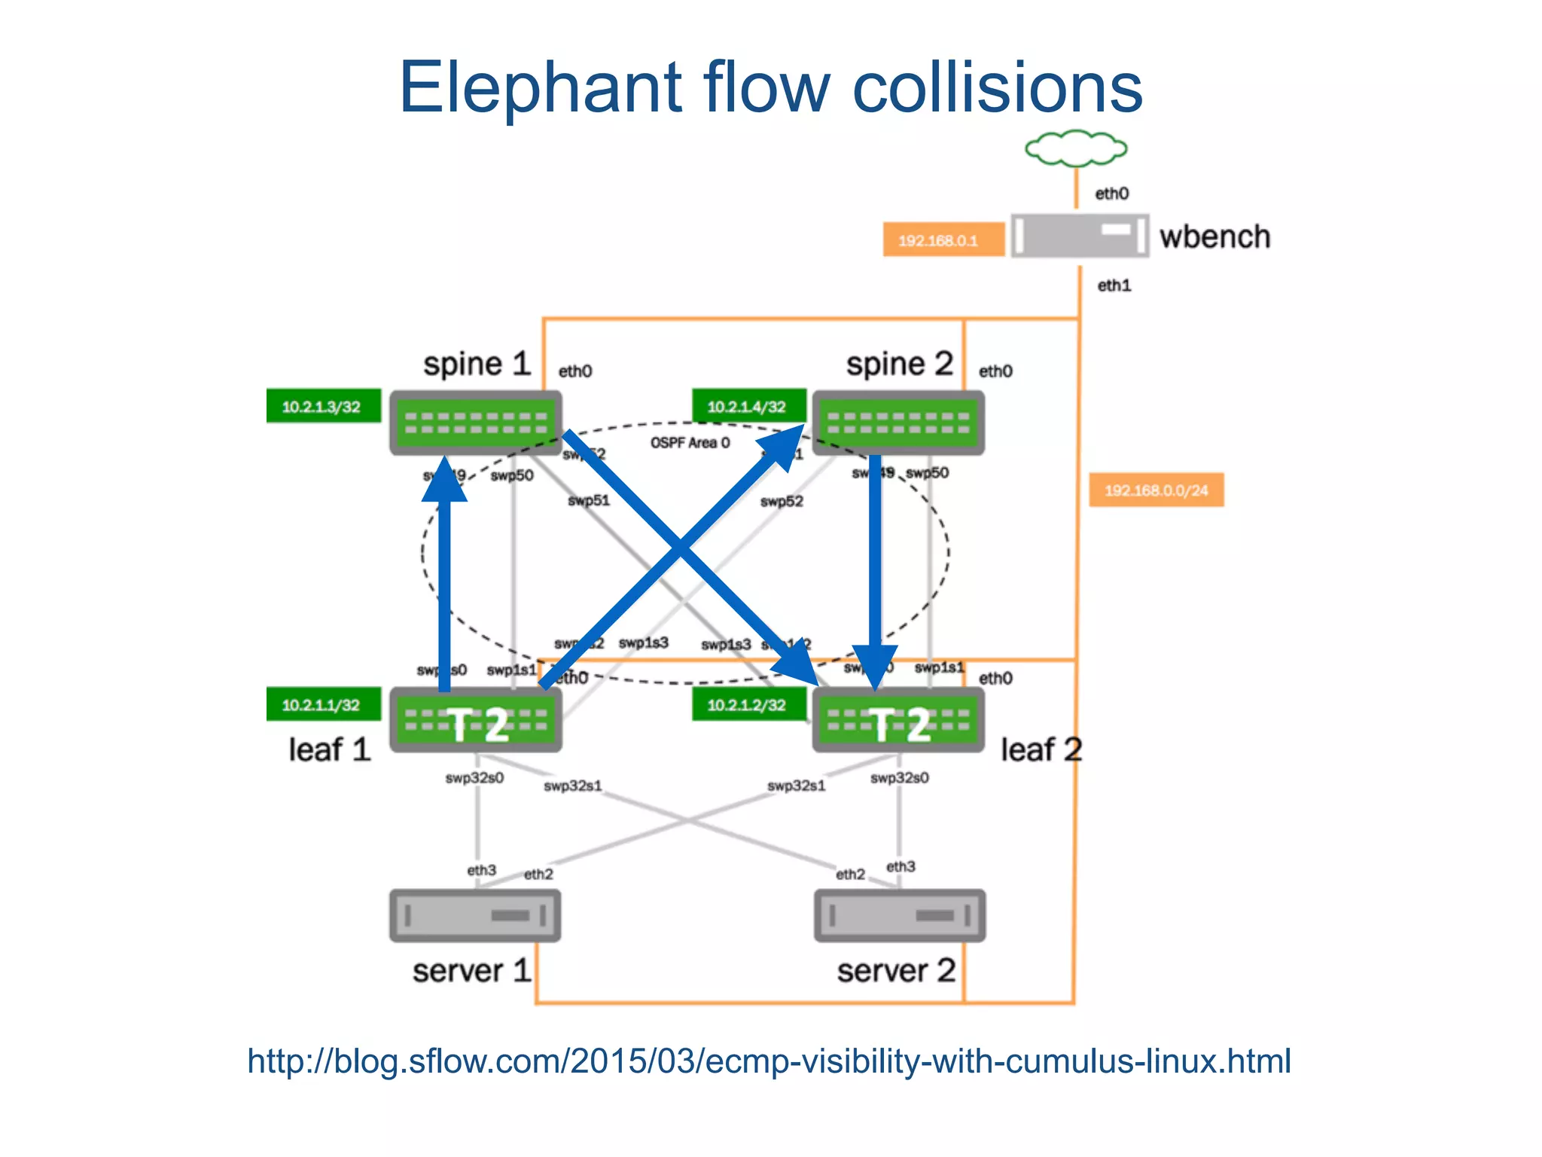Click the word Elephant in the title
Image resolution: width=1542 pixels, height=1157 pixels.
coord(540,88)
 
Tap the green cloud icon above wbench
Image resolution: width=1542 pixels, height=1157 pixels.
coord(1076,148)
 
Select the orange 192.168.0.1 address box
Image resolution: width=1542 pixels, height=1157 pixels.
coord(943,240)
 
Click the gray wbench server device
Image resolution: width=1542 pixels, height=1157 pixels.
coord(1079,236)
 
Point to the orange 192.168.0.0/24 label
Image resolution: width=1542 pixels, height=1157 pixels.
coord(1156,490)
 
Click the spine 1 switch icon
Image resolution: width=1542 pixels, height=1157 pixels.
coord(475,422)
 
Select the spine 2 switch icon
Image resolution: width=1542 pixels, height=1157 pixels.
coord(898,422)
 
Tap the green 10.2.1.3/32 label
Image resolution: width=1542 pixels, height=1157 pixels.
coord(323,407)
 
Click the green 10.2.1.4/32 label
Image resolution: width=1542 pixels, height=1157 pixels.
coord(748,407)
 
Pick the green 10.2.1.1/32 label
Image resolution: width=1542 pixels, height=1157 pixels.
coord(323,705)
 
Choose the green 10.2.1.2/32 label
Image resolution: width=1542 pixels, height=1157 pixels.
coord(748,705)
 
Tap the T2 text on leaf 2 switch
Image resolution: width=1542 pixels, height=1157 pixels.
coord(901,725)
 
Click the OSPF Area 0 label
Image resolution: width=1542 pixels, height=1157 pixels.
coord(690,443)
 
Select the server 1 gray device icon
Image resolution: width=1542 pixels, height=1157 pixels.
coord(475,915)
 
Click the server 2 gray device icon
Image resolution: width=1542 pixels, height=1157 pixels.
coord(900,915)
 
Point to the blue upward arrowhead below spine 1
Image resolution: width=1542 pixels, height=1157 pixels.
coord(444,481)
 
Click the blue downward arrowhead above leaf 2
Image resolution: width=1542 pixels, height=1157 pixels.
coord(874,665)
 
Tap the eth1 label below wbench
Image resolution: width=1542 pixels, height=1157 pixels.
coord(1114,285)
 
